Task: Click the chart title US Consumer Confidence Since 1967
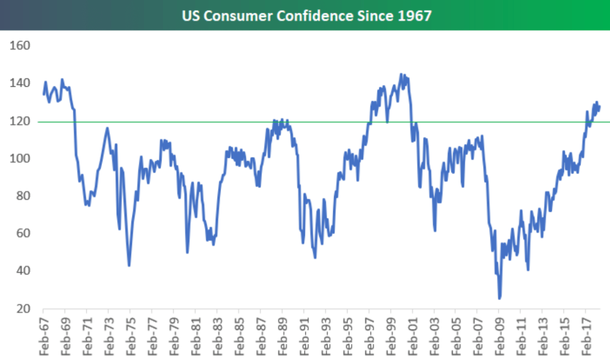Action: click(306, 15)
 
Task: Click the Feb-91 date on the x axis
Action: click(304, 336)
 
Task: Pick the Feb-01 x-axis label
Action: click(412, 336)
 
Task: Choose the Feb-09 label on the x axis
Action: click(499, 336)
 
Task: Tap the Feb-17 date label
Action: click(586, 336)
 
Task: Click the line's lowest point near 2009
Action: click(499, 298)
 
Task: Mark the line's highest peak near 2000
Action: click(401, 74)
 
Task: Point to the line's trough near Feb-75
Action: click(129, 265)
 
